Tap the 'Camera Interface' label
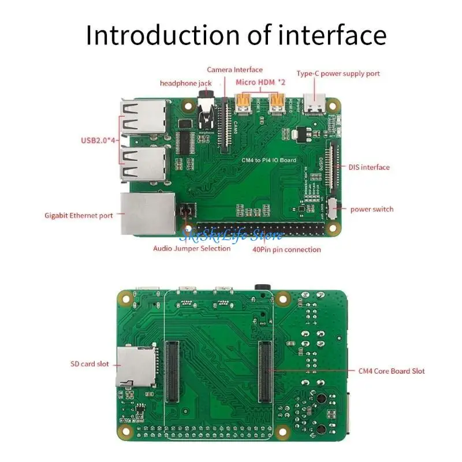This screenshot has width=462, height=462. coord(234,70)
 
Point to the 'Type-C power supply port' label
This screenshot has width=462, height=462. coord(338,73)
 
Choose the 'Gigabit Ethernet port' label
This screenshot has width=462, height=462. coord(79,215)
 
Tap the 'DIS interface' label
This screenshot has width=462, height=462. coord(369,167)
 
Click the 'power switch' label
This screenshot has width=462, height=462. coord(372,209)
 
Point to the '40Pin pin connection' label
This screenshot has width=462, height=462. coord(286,249)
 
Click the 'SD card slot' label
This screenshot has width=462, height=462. coord(90,364)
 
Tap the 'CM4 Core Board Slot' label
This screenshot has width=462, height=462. coord(391,371)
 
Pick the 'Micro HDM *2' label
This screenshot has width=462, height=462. coord(260,82)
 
